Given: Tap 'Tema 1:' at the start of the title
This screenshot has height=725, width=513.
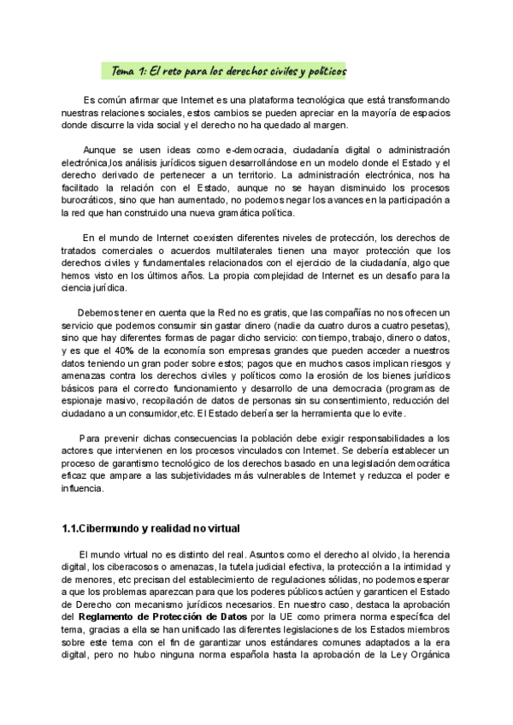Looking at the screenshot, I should [130, 73].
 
